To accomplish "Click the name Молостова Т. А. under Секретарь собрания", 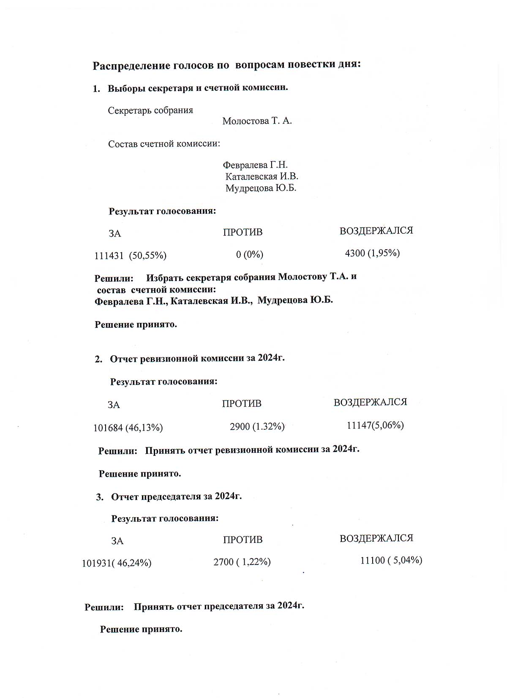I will tap(257, 121).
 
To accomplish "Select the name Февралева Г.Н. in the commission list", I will tap(255, 165).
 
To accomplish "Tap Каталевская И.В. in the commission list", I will tap(262, 177).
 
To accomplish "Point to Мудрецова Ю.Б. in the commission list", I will tap(261, 188).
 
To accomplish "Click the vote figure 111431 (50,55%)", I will tap(130, 256).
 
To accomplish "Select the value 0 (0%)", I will tap(249, 254).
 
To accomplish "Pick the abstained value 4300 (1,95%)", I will tap(372, 253).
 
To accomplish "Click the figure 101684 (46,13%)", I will tap(128, 428).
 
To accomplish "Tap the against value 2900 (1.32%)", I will tap(257, 427).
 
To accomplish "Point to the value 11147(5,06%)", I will tap(375, 425).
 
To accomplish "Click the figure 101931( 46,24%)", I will tap(117, 563).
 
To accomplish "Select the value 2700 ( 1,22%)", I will tap(242, 562).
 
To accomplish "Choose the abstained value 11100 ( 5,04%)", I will tap(391, 561).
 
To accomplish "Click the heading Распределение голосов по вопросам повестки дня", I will tap(226, 65).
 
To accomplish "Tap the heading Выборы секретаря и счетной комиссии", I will tap(198, 88).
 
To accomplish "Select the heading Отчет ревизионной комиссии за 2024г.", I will tap(197, 359).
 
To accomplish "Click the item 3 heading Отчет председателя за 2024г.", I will tap(176, 496).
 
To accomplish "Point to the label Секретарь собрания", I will tap(150, 111).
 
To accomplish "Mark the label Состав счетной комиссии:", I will tap(164, 144).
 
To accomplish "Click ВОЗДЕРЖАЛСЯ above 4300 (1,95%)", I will tap(376, 231).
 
